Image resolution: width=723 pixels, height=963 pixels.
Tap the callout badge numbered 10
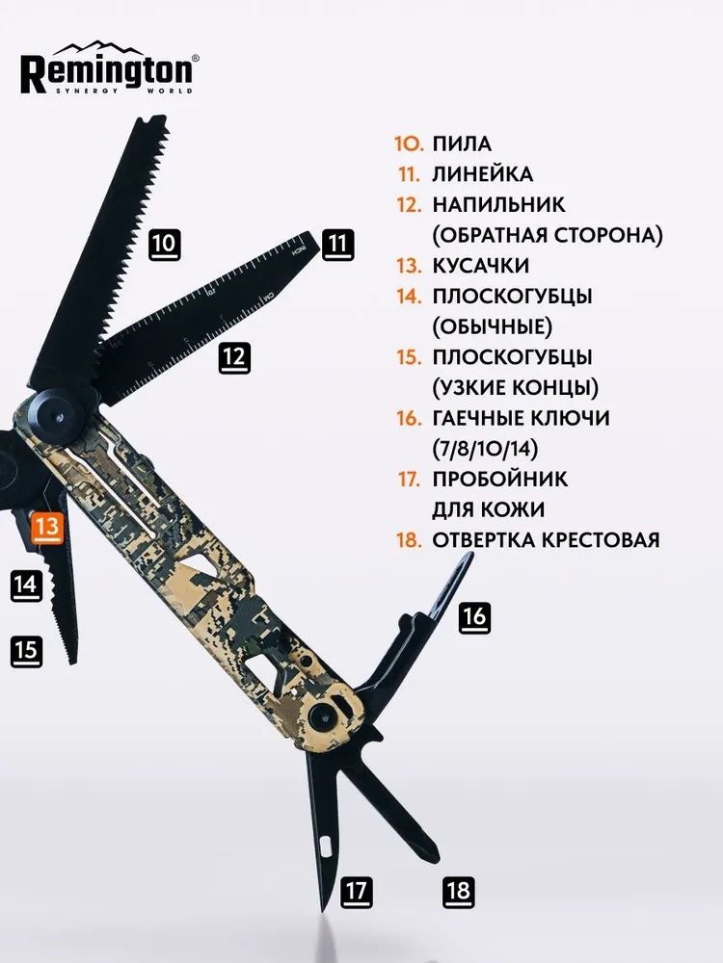165,245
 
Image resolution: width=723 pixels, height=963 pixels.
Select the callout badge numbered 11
337,245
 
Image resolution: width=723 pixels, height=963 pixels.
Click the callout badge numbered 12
234,358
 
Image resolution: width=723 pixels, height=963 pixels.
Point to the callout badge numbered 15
26,652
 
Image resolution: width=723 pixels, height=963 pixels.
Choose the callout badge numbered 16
474,616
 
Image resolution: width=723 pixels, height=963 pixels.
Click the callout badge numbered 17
357,892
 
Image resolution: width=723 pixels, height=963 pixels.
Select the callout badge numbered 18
459,892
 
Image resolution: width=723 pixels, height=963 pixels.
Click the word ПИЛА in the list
462,144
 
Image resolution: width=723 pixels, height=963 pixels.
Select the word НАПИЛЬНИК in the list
499,205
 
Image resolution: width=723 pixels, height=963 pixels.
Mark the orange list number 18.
409,539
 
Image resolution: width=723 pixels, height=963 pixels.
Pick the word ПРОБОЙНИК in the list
500,479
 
